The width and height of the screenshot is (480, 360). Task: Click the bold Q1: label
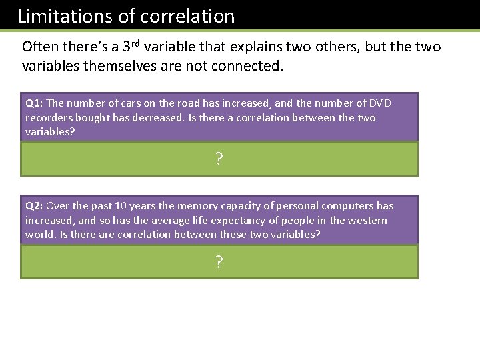[35, 103]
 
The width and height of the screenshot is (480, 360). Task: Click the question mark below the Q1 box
[219, 159]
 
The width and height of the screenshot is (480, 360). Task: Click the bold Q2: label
[35, 206]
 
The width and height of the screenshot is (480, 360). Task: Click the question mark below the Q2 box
[219, 263]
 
